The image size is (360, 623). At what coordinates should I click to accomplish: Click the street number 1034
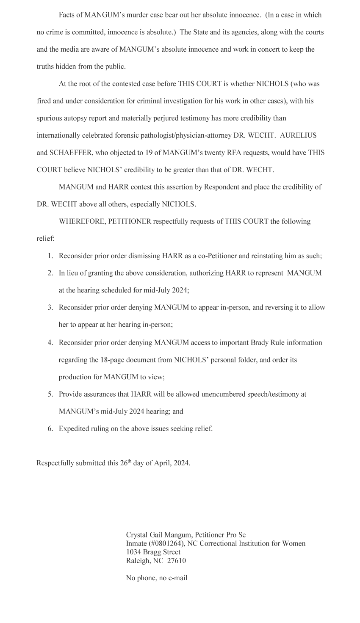(134, 552)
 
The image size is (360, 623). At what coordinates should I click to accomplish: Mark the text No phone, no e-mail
(157, 578)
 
